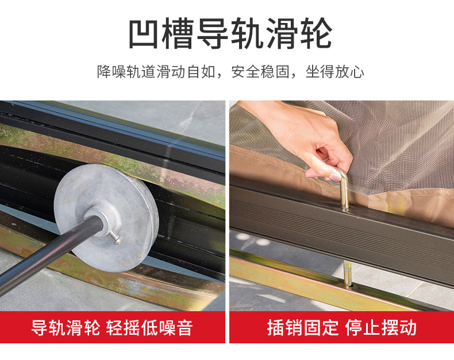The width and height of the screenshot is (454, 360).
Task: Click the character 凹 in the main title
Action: tap(144, 33)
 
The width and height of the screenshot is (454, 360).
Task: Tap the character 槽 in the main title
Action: tap(178, 33)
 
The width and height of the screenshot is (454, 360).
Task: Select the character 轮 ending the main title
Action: tap(316, 33)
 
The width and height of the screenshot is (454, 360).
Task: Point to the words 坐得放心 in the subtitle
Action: tap(334, 72)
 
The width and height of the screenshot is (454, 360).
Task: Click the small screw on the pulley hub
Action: tap(116, 237)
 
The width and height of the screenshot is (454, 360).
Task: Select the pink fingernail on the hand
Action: tap(336, 177)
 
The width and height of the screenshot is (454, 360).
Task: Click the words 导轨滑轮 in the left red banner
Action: tap(66, 328)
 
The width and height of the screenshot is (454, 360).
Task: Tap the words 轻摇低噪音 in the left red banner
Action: tap(149, 328)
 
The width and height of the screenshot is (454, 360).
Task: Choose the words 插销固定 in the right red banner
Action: tap(302, 328)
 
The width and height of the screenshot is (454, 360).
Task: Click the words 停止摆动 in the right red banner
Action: tap(381, 328)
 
